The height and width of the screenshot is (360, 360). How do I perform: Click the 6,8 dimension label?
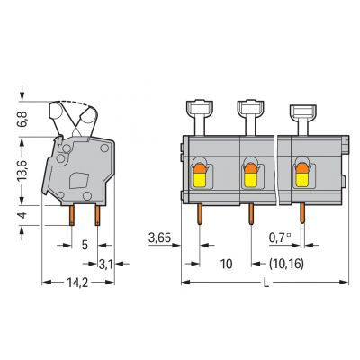click(23, 119)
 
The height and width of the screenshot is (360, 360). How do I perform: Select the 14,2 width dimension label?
click(77, 283)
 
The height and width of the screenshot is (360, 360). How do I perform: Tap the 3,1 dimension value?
click(105, 265)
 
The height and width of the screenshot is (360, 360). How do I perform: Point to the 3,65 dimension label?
click(159, 238)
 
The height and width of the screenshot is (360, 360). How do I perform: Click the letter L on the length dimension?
click(265, 283)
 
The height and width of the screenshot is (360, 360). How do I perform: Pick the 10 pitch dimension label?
click(226, 264)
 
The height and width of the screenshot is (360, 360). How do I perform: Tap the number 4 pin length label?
click(23, 215)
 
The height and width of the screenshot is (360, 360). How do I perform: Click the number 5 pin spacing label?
click(85, 245)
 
